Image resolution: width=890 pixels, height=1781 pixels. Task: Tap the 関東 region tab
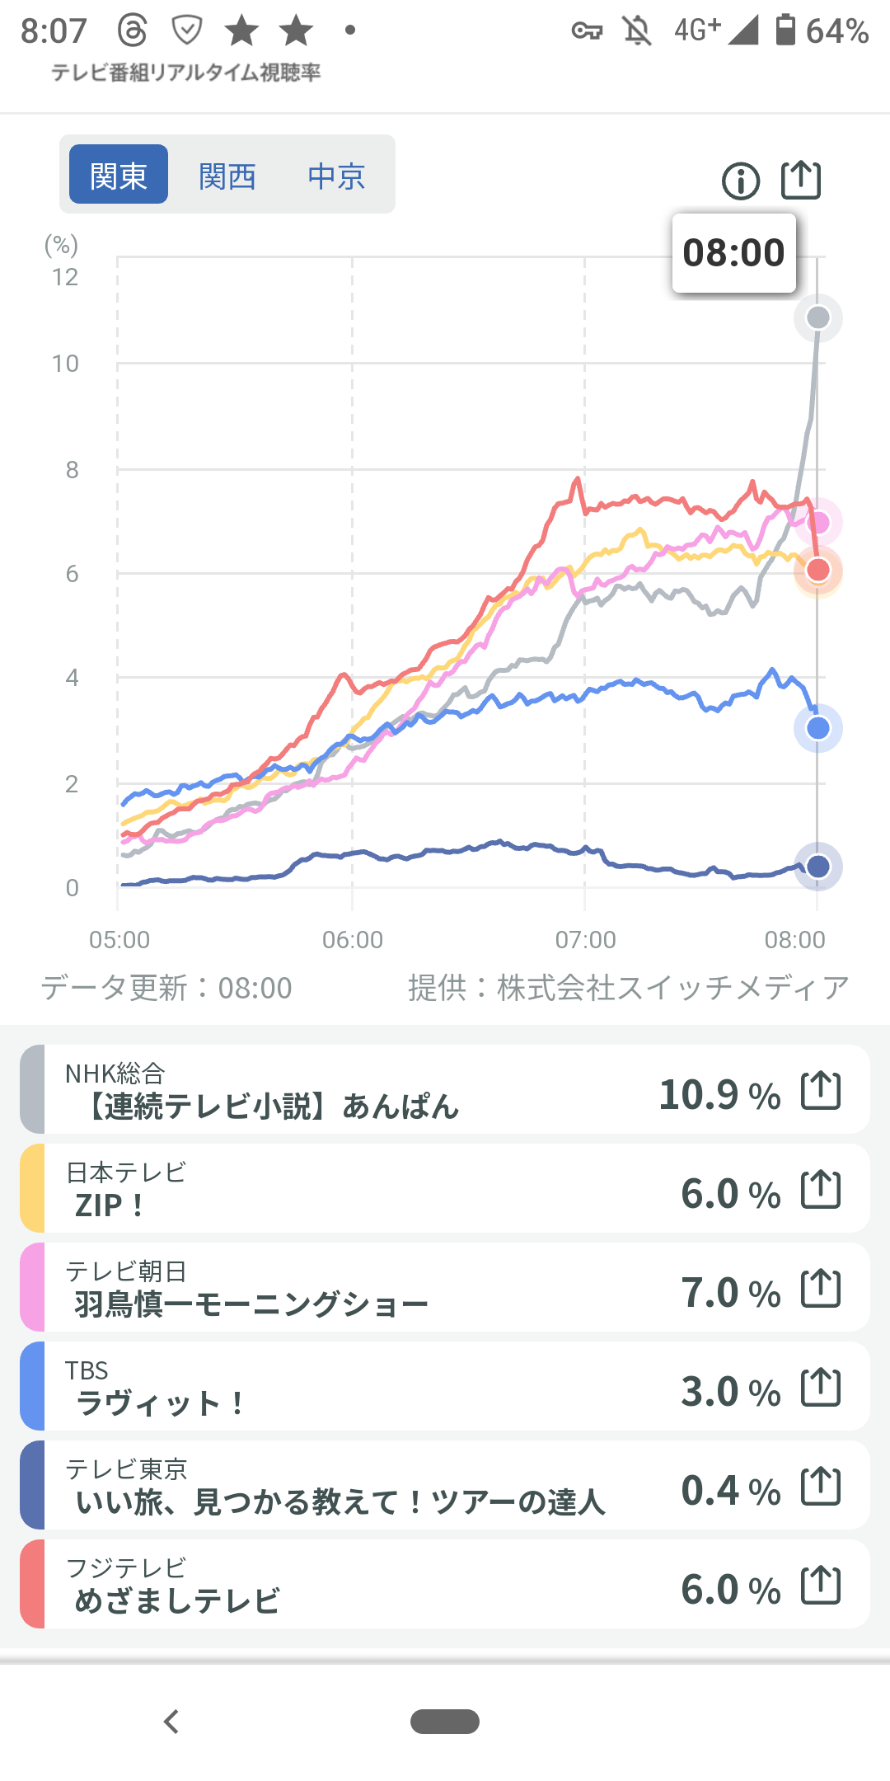click(119, 175)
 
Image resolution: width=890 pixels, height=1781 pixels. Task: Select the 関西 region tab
click(227, 176)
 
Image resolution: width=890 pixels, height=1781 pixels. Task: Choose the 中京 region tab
click(336, 176)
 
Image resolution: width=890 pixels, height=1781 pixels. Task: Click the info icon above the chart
click(741, 181)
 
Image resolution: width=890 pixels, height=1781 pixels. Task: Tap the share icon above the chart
click(801, 179)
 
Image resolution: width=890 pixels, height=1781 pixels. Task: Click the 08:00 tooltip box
click(733, 253)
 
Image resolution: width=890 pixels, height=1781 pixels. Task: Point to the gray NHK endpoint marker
click(817, 317)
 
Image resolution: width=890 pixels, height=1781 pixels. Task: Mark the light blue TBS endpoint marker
click(817, 728)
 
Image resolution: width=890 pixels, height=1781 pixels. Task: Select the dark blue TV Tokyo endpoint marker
click(817, 867)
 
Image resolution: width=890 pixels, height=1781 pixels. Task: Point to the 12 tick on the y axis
click(65, 277)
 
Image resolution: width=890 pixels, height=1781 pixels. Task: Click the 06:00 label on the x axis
click(353, 940)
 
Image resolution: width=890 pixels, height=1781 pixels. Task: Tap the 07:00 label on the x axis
click(586, 940)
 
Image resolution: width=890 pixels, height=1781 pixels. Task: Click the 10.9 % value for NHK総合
click(719, 1095)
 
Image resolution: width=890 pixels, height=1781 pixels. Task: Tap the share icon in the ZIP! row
click(821, 1190)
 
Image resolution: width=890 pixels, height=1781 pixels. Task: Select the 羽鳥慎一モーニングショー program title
click(251, 1304)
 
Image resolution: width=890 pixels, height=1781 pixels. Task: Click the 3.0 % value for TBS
click(730, 1392)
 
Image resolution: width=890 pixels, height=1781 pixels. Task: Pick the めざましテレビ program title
click(177, 1601)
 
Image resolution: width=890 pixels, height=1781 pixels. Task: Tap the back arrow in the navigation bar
click(171, 1722)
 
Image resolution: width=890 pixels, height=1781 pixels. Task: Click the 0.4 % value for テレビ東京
click(730, 1491)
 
